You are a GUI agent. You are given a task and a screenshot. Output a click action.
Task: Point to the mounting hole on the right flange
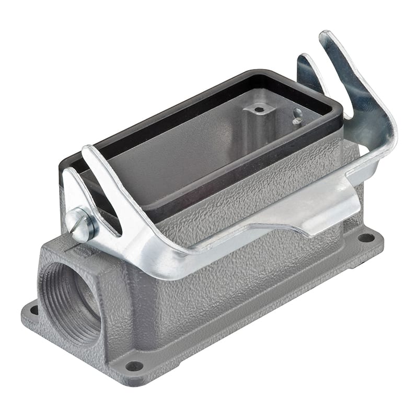(x=366, y=238)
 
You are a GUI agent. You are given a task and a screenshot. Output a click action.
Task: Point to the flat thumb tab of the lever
(x=319, y=209)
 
